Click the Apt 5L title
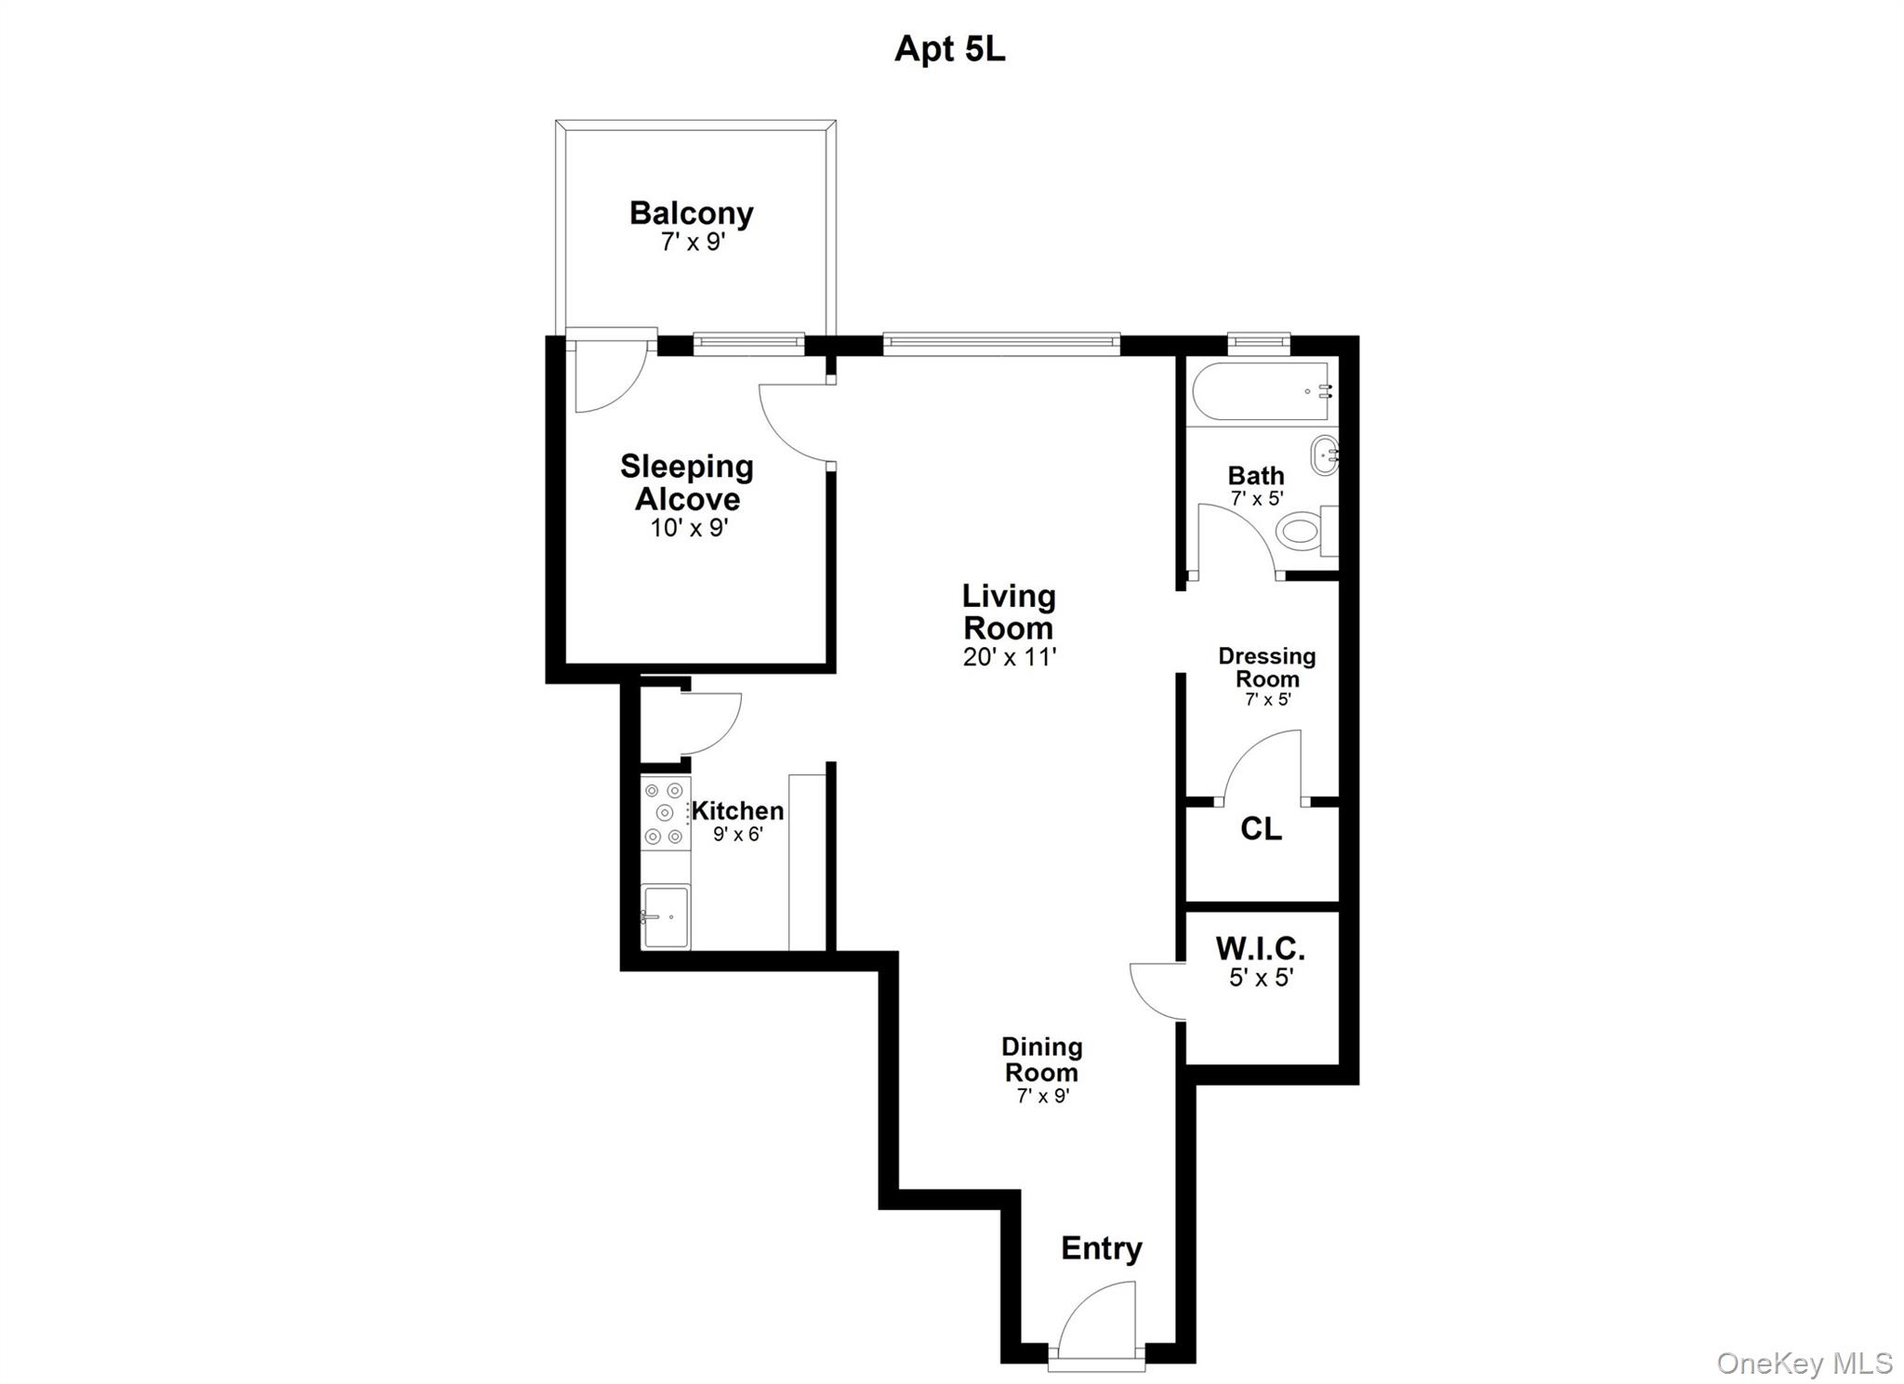949,48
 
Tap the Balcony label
691,214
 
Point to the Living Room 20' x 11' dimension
1010,657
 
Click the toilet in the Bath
1302,532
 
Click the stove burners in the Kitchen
664,813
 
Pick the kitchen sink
666,916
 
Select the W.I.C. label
1261,949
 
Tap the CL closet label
1261,828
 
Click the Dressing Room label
1266,667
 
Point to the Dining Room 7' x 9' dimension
1042,1096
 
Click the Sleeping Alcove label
687,482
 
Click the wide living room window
1000,343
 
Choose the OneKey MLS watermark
1804,1363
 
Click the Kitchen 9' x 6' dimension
737,834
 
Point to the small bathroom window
1259,342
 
